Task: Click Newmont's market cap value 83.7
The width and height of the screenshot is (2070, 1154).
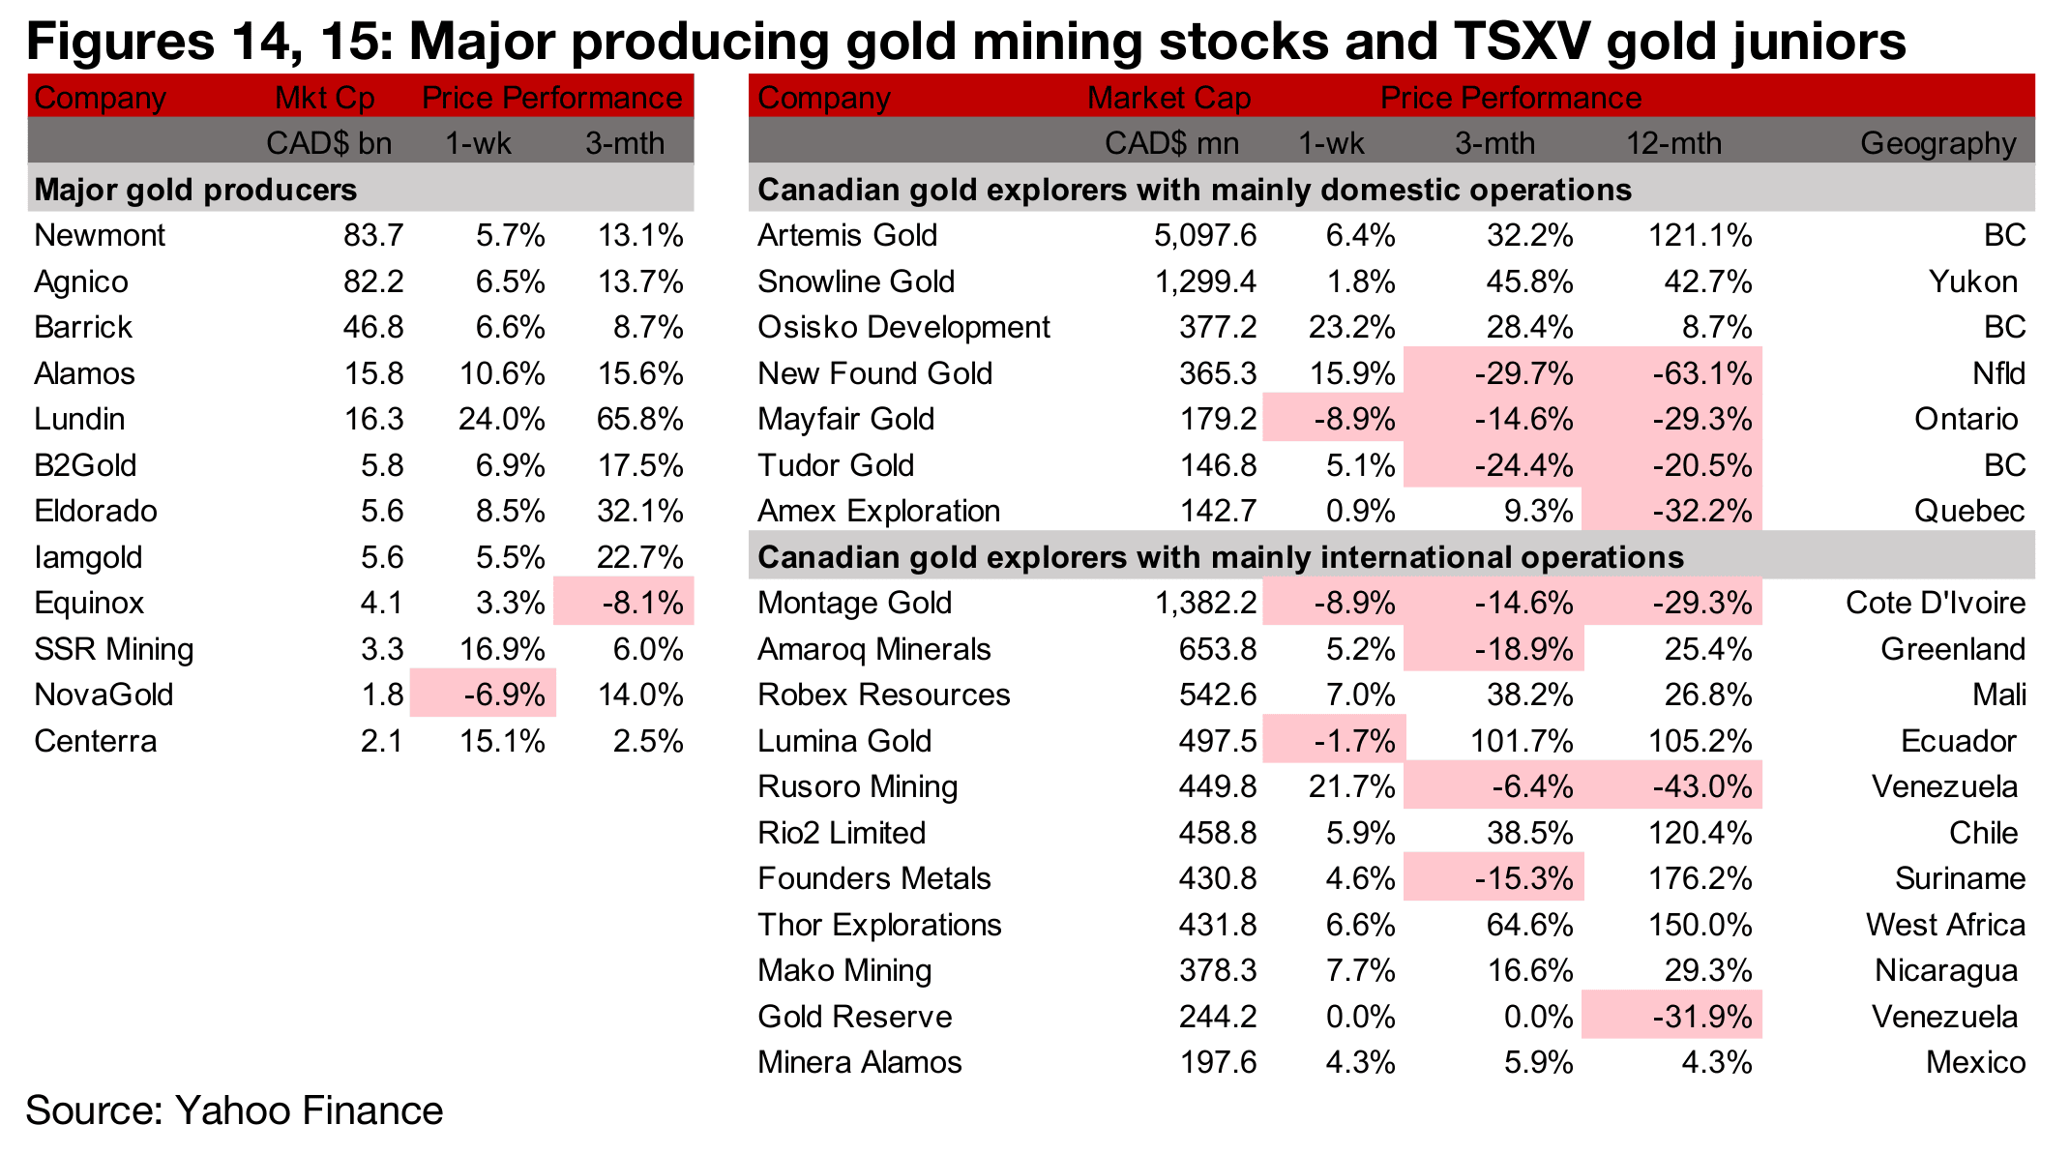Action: (373, 235)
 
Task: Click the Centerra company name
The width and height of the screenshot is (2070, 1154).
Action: (95, 741)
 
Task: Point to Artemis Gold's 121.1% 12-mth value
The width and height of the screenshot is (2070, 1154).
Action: (1700, 235)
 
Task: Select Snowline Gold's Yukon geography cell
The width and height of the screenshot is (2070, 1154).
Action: (1972, 281)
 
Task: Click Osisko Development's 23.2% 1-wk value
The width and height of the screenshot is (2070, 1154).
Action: (1351, 327)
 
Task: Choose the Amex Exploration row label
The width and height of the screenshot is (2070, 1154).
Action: (878, 511)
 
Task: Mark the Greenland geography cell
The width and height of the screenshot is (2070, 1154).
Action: (1952, 649)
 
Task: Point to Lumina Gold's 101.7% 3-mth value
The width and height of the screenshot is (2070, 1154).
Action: (1522, 741)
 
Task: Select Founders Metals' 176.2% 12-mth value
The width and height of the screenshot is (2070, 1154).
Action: (1700, 878)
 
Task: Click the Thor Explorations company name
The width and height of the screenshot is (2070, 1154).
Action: (879, 925)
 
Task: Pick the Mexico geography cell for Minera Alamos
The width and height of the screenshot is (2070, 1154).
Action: (1975, 1062)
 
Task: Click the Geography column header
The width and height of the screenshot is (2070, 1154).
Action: (1937, 143)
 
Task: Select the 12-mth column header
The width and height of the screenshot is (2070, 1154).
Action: (1673, 143)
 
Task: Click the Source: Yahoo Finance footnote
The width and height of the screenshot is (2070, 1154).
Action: (234, 1110)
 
